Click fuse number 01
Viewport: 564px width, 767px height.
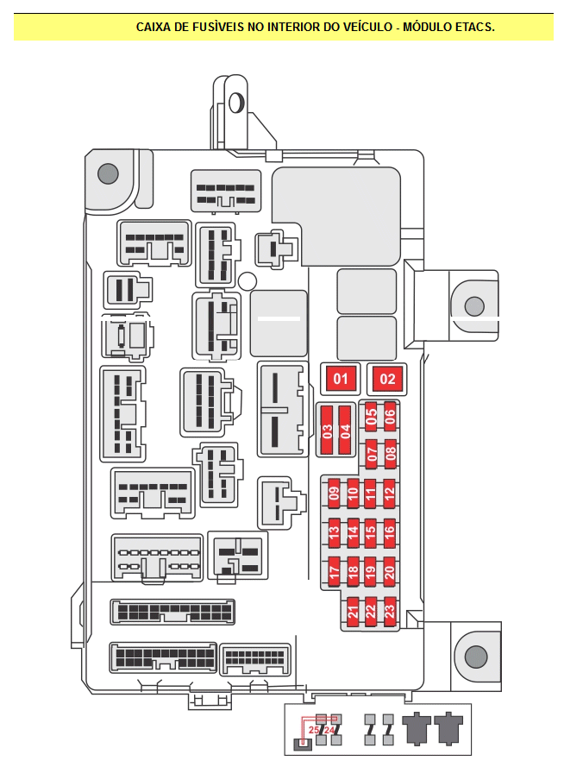[340, 379]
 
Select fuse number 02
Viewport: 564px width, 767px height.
[387, 379]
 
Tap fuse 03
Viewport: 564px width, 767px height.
[327, 430]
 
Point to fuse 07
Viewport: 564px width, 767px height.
[372, 454]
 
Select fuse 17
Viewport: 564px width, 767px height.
[335, 571]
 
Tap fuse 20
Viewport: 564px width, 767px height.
[390, 571]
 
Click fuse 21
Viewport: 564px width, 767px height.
[353, 611]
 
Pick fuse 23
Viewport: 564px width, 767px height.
[390, 611]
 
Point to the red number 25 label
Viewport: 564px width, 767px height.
[314, 730]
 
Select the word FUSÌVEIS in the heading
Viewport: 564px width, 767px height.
[217, 27]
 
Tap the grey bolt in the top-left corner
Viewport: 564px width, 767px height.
[108, 173]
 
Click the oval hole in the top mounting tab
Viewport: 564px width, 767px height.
[236, 102]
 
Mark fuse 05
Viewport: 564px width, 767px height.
[372, 416]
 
